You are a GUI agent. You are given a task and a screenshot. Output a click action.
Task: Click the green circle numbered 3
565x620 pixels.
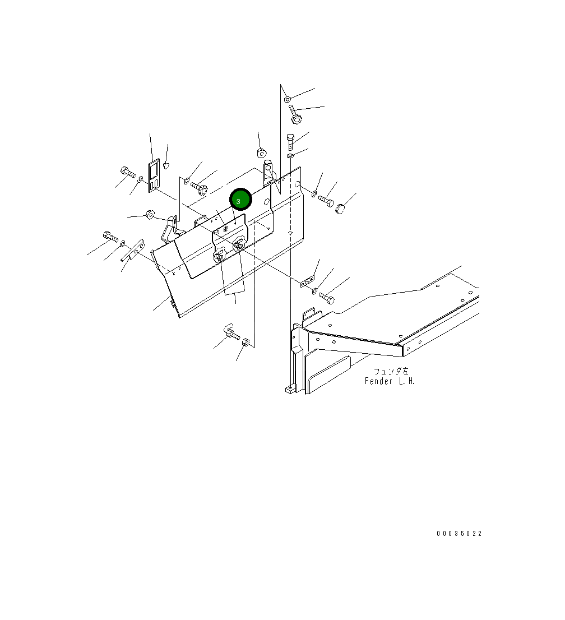240,200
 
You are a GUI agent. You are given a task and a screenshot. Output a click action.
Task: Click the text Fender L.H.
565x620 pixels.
390,381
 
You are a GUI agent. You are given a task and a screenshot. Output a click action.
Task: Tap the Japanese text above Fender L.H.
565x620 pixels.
391,371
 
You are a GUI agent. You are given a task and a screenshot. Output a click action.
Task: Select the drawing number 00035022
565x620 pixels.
459,534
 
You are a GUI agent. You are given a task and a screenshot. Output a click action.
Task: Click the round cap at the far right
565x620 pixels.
340,209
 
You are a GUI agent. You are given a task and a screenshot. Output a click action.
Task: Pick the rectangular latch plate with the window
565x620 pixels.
154,175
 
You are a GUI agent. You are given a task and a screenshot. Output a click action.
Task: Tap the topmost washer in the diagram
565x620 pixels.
288,99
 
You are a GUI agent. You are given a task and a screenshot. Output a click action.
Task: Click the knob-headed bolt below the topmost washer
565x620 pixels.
294,114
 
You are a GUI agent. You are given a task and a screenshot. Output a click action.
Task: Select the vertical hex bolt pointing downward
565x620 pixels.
290,142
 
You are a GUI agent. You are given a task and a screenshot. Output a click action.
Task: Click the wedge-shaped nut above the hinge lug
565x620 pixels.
261,152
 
